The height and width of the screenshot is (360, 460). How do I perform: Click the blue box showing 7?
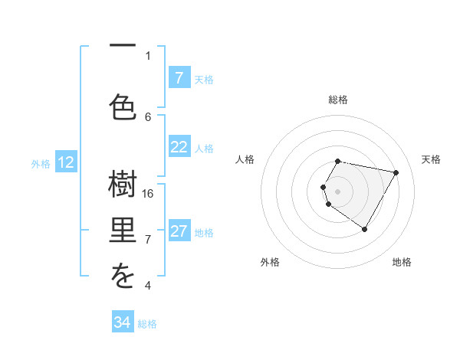[179, 78]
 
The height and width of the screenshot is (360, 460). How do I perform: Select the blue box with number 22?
[179, 148]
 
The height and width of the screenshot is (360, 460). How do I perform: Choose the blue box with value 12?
[66, 162]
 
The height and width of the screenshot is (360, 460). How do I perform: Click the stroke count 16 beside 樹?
[148, 193]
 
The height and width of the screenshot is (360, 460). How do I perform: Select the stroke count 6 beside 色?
[148, 116]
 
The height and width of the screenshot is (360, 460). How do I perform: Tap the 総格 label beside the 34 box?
[147, 324]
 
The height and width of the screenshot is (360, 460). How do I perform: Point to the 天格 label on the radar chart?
[431, 159]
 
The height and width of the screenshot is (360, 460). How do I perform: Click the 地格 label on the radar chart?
[402, 262]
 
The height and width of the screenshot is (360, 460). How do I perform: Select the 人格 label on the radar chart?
[245, 159]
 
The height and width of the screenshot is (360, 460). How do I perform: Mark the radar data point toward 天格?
[396, 172]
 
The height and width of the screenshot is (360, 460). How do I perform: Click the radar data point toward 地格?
[364, 229]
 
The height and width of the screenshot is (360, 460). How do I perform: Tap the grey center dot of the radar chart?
[338, 191]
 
